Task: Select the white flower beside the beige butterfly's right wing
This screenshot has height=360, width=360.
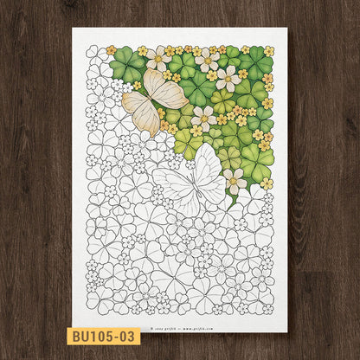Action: [x=204, y=117]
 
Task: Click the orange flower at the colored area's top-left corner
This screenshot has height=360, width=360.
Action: [x=111, y=50]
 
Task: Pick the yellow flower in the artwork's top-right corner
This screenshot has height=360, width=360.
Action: [x=268, y=51]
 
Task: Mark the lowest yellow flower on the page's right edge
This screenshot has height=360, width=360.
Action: [x=267, y=183]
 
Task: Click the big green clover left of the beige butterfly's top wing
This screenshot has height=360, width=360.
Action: [x=128, y=65]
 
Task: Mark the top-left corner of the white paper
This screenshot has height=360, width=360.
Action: [x=73, y=28]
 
